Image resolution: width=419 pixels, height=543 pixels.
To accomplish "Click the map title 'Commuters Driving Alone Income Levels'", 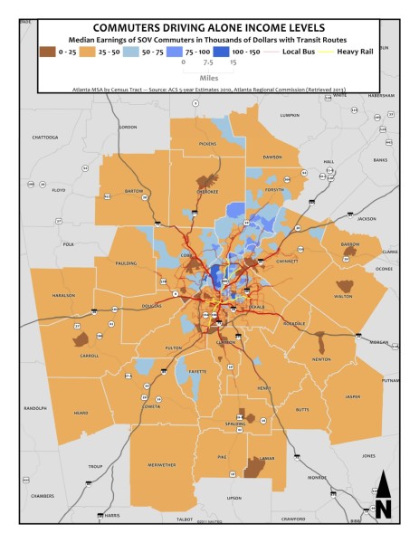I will [x=208, y=28].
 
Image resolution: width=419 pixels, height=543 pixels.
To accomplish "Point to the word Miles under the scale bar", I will [x=208, y=76].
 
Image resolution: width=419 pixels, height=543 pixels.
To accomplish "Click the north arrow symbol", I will [x=383, y=497].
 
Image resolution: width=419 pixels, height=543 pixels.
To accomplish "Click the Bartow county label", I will [x=134, y=192].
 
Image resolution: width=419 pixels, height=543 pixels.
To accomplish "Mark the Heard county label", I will [x=81, y=412].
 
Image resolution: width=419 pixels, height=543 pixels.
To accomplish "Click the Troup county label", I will [x=95, y=466].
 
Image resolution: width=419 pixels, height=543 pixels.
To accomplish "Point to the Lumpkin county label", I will [x=289, y=115].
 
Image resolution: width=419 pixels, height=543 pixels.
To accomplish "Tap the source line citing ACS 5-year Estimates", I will [x=208, y=90].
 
